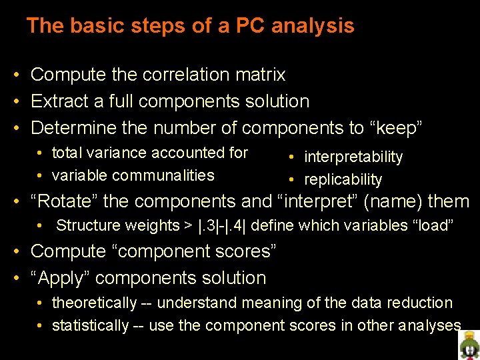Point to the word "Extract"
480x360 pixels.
point(59,101)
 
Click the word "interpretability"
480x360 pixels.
point(353,157)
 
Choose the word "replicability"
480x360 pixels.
point(343,179)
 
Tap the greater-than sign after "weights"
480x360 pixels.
point(189,225)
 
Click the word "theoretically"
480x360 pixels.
point(94,303)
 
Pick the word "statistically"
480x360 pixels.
point(90,325)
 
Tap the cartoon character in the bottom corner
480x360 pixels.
point(469,345)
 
